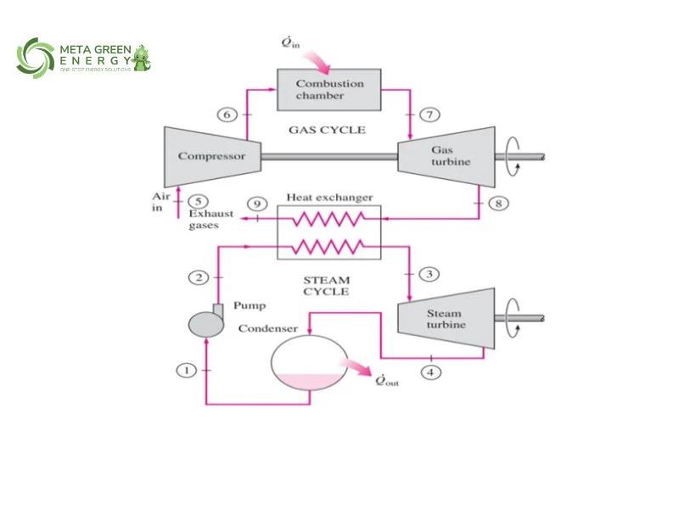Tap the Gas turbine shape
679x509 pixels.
pyautogui.click(x=442, y=155)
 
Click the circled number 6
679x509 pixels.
pyautogui.click(x=226, y=114)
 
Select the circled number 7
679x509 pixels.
pyautogui.click(x=429, y=114)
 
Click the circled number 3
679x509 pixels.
pyautogui.click(x=431, y=273)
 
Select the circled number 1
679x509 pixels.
pyautogui.click(x=186, y=370)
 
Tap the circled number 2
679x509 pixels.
pyautogui.click(x=198, y=277)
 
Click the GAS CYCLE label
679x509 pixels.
pyautogui.click(x=327, y=130)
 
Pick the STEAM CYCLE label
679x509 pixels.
pyautogui.click(x=326, y=284)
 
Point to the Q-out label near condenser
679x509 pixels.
pyautogui.click(x=386, y=380)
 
